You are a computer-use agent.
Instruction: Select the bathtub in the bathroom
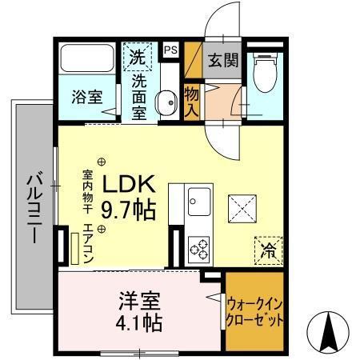[x=90, y=59]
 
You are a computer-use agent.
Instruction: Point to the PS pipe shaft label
[x=170, y=50]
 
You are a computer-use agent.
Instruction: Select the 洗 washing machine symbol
[x=137, y=57]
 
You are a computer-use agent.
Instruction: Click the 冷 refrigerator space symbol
[x=267, y=250]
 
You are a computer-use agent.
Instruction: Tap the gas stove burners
[x=199, y=248]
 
